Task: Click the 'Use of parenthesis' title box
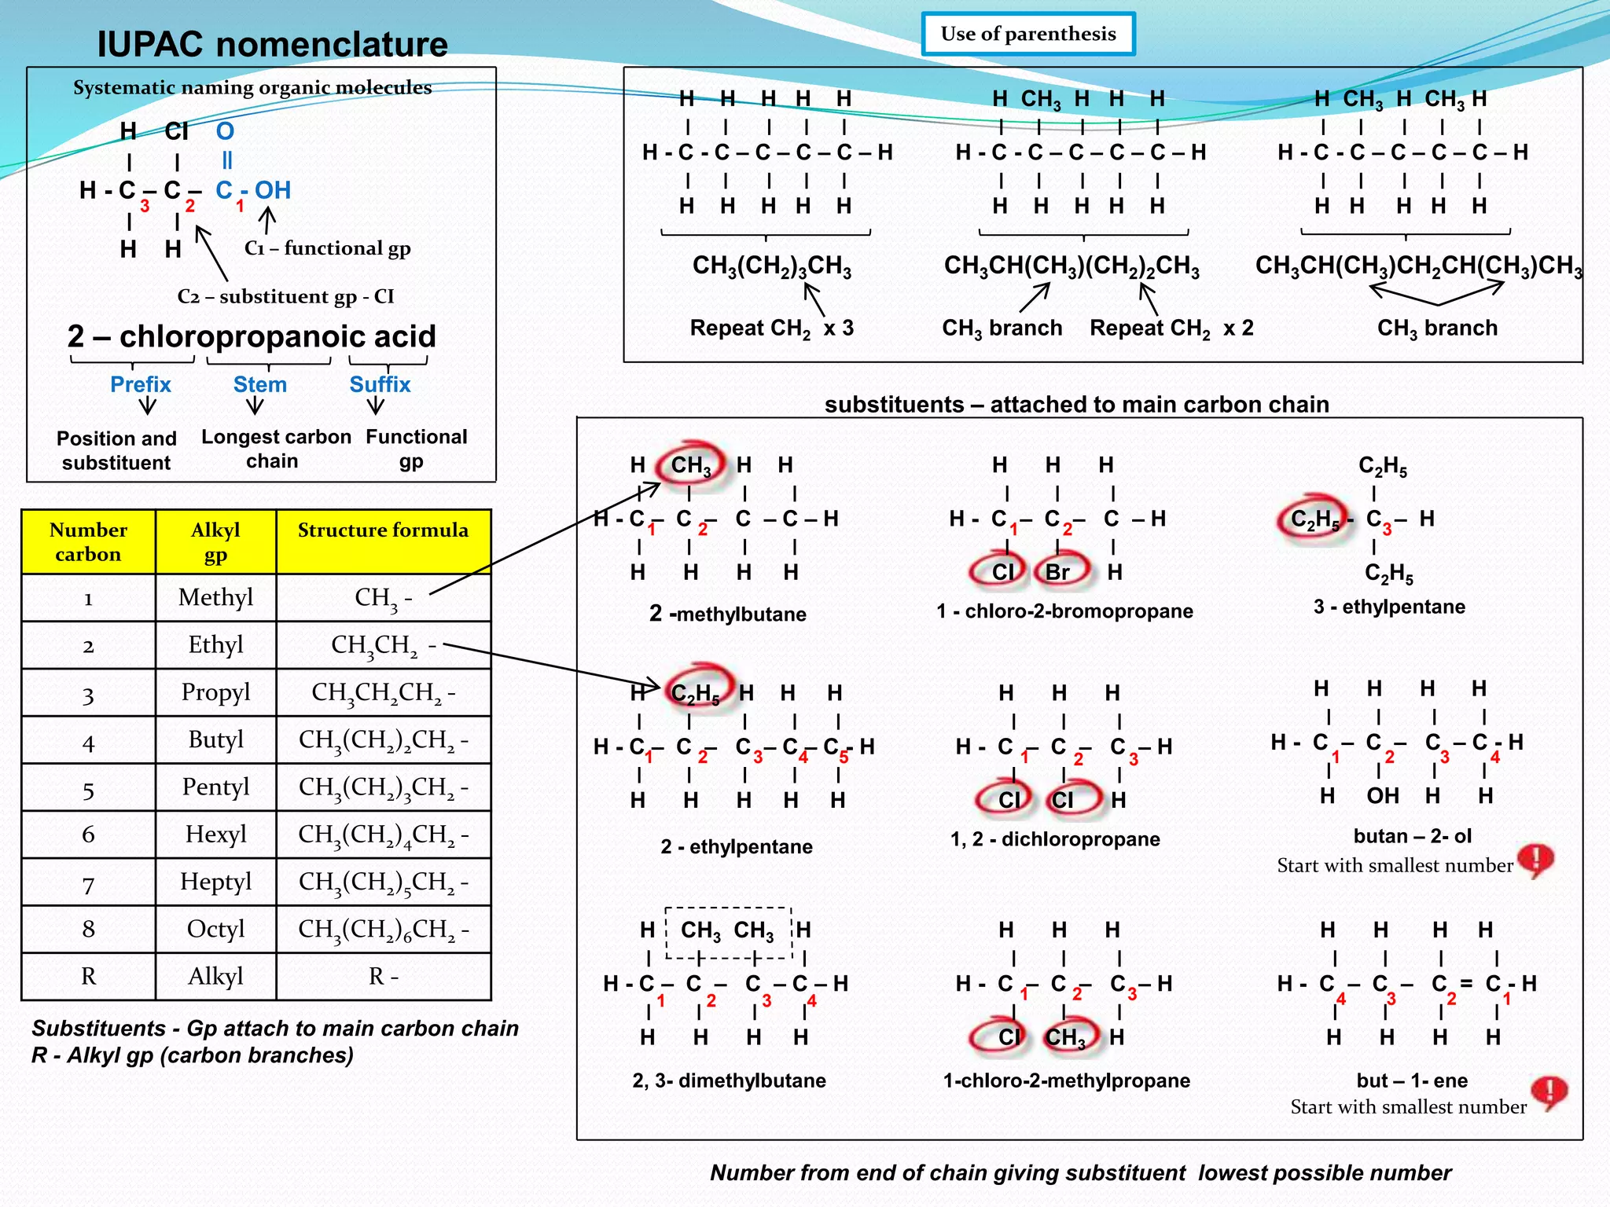pos(1028,34)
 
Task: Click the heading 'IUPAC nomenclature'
pos(272,44)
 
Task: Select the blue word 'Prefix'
pos(140,384)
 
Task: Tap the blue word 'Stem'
pos(259,384)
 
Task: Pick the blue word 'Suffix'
pos(380,384)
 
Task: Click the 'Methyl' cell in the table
pos(215,597)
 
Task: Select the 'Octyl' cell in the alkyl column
pos(215,929)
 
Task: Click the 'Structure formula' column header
pos(383,530)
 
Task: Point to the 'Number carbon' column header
pos(88,541)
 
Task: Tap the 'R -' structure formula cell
pos(383,976)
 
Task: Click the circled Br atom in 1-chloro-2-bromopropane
pos(1059,571)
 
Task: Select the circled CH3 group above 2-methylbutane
pos(691,466)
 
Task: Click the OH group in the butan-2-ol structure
pos(1382,796)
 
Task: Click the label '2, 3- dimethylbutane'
pos(729,1080)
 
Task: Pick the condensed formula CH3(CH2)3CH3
pos(771,266)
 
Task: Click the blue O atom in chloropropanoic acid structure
pos(225,130)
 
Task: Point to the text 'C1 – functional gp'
pos(327,248)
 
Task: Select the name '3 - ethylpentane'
pos(1389,607)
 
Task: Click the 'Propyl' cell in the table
pos(215,692)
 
